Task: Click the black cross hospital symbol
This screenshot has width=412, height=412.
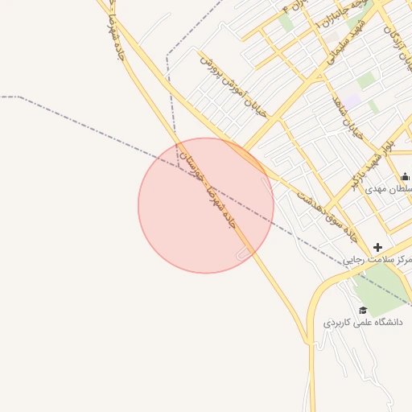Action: [378, 246]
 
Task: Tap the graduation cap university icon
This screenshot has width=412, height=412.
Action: [363, 310]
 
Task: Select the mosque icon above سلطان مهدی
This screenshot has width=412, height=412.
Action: [404, 177]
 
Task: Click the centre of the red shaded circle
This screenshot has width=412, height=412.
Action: [206, 205]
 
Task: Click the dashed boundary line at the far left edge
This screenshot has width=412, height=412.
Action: [8, 97]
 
